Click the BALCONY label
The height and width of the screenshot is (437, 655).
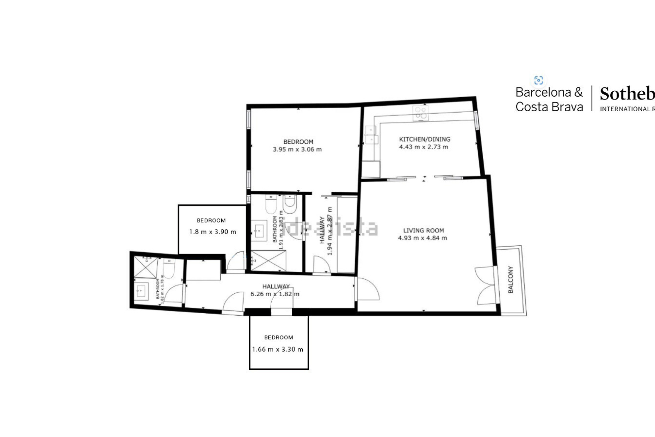510,279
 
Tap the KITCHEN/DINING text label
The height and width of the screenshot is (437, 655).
424,139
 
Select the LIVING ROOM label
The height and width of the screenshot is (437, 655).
423,230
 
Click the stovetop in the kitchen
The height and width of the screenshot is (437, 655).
421,113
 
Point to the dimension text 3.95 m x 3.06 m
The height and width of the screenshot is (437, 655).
297,149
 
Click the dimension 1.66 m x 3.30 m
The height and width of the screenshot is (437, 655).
278,349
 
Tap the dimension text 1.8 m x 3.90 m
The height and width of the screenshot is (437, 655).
212,232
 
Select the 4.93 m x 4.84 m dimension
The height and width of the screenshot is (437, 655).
422,238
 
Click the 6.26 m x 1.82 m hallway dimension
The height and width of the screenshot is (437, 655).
275,294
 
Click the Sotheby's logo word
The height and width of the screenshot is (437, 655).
627,94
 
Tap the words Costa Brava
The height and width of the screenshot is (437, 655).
549,107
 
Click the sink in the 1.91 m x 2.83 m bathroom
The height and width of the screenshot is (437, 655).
259,230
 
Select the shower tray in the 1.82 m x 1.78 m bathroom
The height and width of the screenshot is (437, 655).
146,267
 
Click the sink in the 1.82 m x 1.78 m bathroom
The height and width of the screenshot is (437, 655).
141,291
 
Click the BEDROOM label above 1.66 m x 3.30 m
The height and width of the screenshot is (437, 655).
279,337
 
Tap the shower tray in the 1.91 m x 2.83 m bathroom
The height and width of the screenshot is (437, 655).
268,261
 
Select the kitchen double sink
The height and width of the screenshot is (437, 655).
371,135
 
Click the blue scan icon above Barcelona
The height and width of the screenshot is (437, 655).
538,80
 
